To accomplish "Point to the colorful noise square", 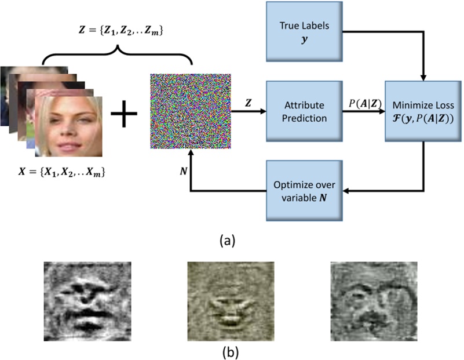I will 191,111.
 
